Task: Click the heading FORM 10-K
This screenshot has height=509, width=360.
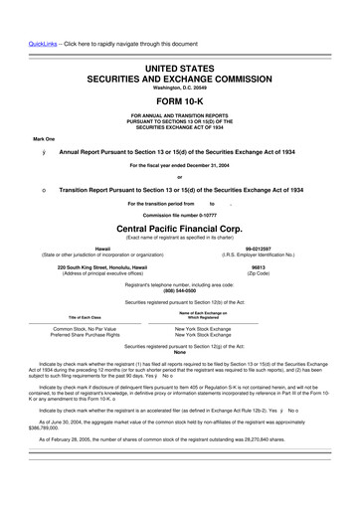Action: (x=180, y=101)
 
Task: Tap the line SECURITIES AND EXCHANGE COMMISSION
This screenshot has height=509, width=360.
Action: (x=180, y=80)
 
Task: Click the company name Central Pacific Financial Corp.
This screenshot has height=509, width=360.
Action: (x=180, y=227)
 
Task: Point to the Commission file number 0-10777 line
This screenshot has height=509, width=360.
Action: (x=180, y=214)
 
